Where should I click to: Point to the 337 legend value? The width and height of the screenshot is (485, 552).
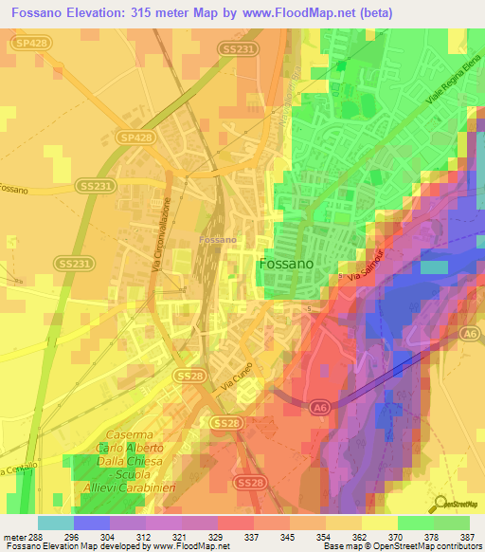click(251, 537)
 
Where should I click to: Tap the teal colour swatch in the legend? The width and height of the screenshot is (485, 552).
click(56, 523)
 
